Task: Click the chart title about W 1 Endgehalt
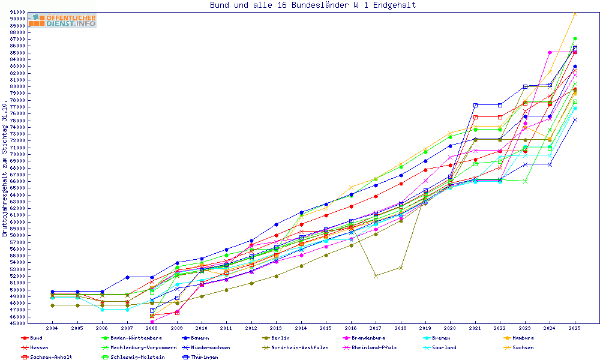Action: (313, 5)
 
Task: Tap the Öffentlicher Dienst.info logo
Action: (62, 20)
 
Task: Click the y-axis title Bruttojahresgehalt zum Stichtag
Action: (5, 168)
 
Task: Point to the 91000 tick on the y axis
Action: (17, 12)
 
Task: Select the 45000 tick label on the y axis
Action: (17, 323)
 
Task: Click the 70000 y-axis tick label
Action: (17, 154)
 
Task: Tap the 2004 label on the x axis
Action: (52, 329)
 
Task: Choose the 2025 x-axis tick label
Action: (575, 329)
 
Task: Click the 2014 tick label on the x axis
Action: (301, 329)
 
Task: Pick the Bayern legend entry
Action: (199, 338)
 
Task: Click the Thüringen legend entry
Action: (205, 357)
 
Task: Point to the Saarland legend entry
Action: (440, 347)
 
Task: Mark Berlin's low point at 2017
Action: (376, 276)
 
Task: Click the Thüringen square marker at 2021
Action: (475, 105)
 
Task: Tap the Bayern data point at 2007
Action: (127, 277)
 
